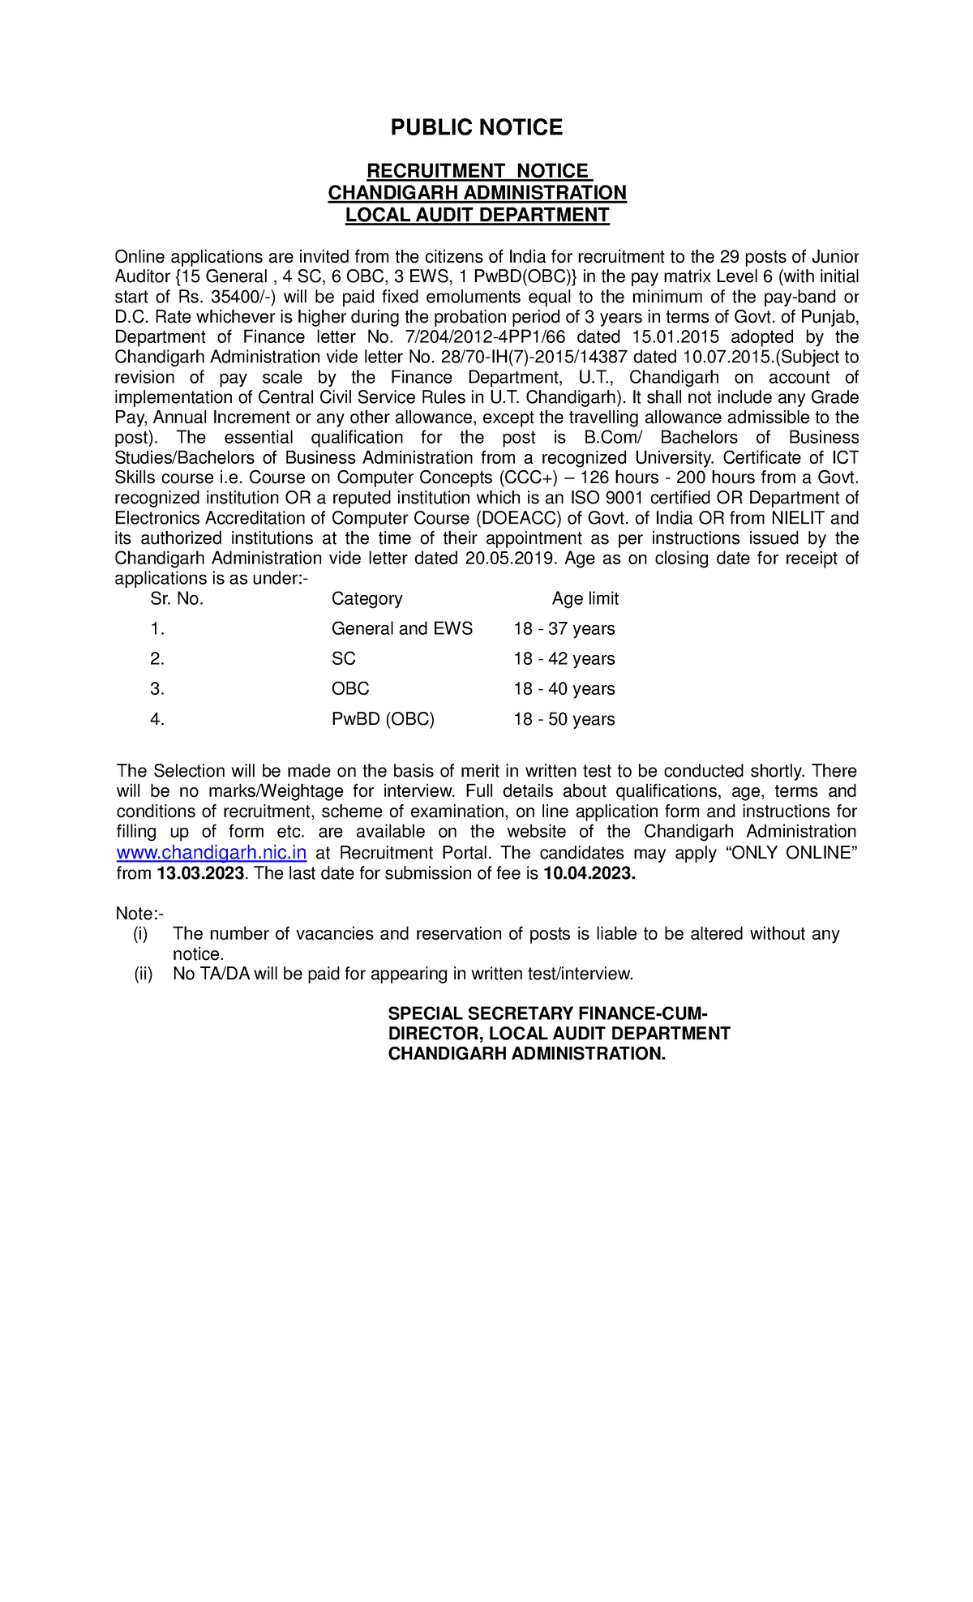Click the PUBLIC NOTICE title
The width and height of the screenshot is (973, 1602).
(x=476, y=127)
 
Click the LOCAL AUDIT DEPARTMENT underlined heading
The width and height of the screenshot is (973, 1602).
(x=477, y=215)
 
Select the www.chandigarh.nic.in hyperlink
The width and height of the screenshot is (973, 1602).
(x=212, y=853)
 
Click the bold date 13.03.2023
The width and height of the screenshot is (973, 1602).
(x=200, y=873)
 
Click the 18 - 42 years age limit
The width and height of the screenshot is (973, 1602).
(x=564, y=658)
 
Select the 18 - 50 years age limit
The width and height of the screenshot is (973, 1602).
(x=564, y=719)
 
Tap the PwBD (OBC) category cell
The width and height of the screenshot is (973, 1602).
(x=383, y=719)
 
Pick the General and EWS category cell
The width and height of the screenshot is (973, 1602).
(x=401, y=628)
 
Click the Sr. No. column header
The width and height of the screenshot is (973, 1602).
(x=177, y=598)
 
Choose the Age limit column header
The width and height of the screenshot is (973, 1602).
(x=585, y=598)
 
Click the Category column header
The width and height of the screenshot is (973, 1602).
(x=366, y=598)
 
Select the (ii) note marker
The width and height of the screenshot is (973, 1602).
(x=143, y=974)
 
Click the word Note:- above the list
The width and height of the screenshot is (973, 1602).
(x=139, y=914)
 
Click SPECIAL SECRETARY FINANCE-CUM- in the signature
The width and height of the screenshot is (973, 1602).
(x=547, y=1013)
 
